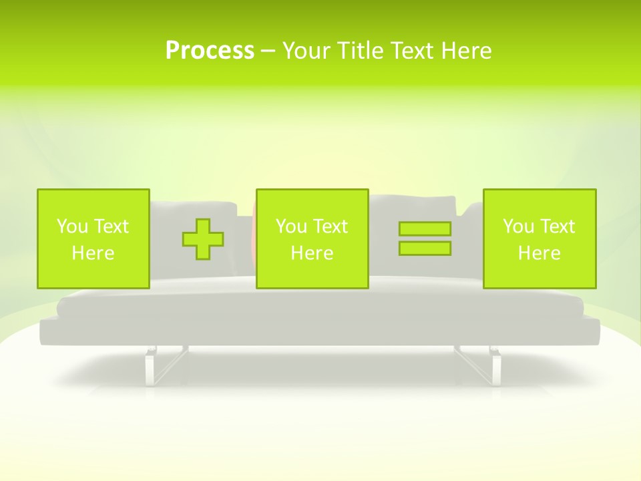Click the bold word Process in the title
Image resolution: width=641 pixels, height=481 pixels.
coord(210,51)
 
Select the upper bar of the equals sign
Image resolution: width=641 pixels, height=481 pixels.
coord(425,228)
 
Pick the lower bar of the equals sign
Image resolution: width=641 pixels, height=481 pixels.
coord(425,248)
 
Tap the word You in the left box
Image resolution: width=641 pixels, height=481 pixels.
coord(72,226)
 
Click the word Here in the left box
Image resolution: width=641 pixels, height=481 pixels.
coord(93,253)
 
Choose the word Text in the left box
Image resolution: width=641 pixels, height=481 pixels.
coord(111,226)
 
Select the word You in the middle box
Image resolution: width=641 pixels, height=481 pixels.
coord(291,226)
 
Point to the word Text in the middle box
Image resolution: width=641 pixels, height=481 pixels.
coord(330,226)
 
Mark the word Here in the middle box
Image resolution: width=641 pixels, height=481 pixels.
coord(312,253)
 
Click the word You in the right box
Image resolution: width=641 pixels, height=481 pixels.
coord(518,226)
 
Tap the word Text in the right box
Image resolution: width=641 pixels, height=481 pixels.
coord(557,226)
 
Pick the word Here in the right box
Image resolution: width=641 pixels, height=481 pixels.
coord(539,253)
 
